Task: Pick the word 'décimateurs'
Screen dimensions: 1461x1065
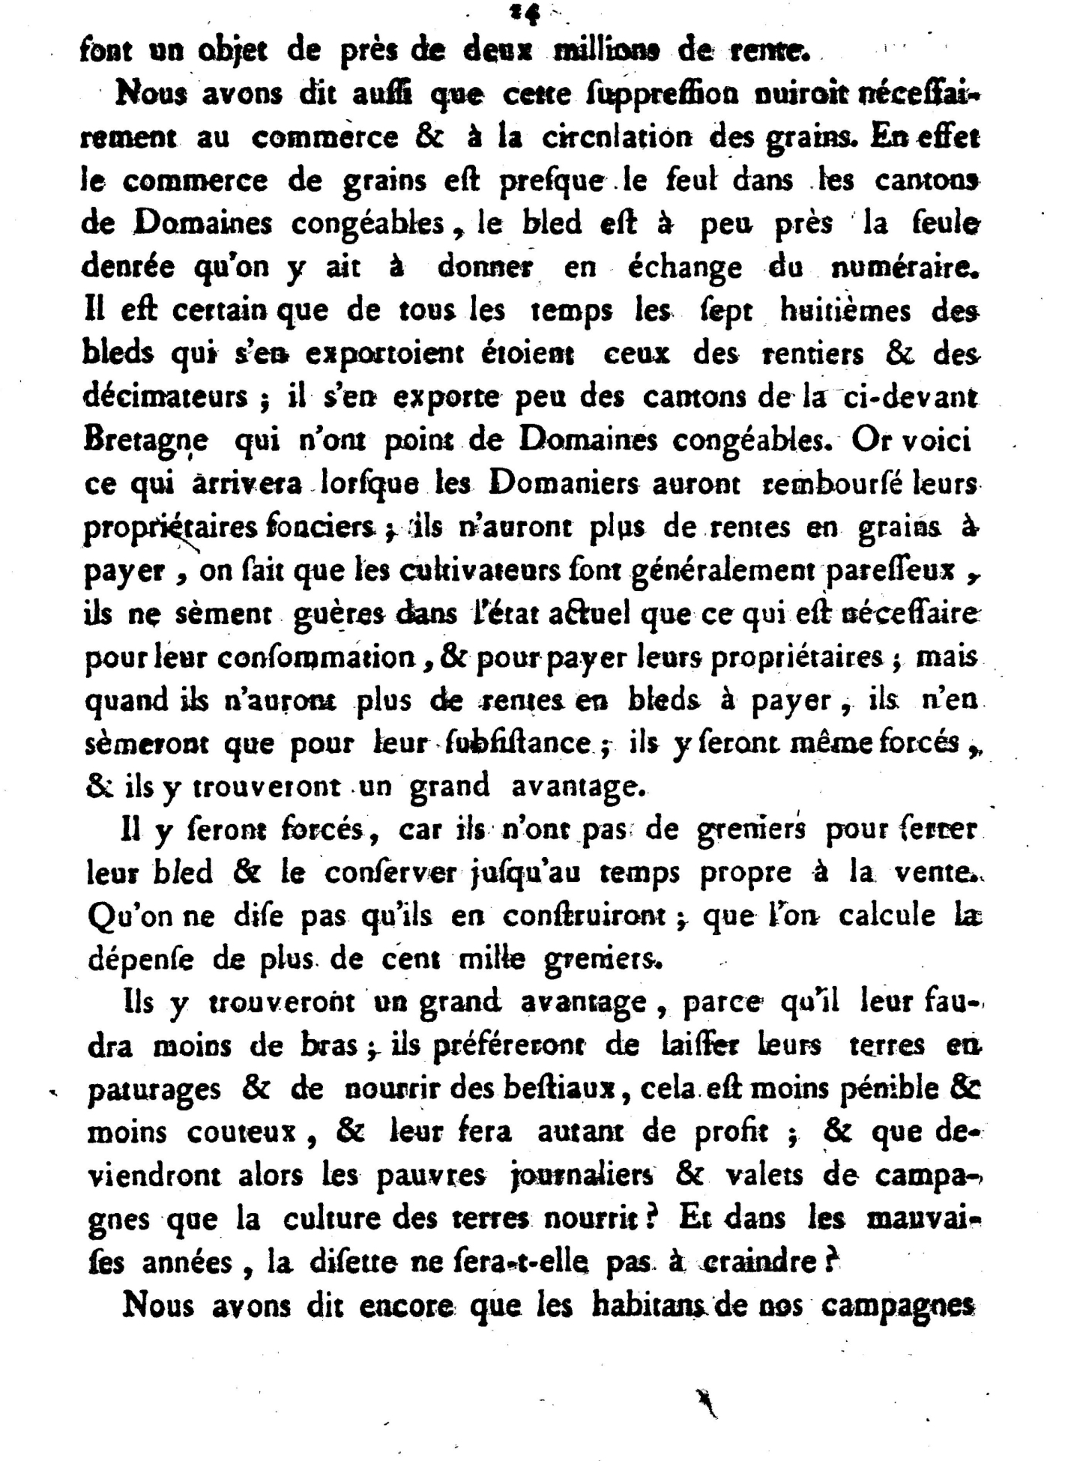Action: pos(166,396)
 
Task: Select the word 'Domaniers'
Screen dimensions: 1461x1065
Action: pos(564,485)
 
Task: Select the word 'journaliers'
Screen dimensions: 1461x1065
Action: pos(580,1175)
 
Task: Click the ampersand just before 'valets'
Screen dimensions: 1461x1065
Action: pos(689,1174)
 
